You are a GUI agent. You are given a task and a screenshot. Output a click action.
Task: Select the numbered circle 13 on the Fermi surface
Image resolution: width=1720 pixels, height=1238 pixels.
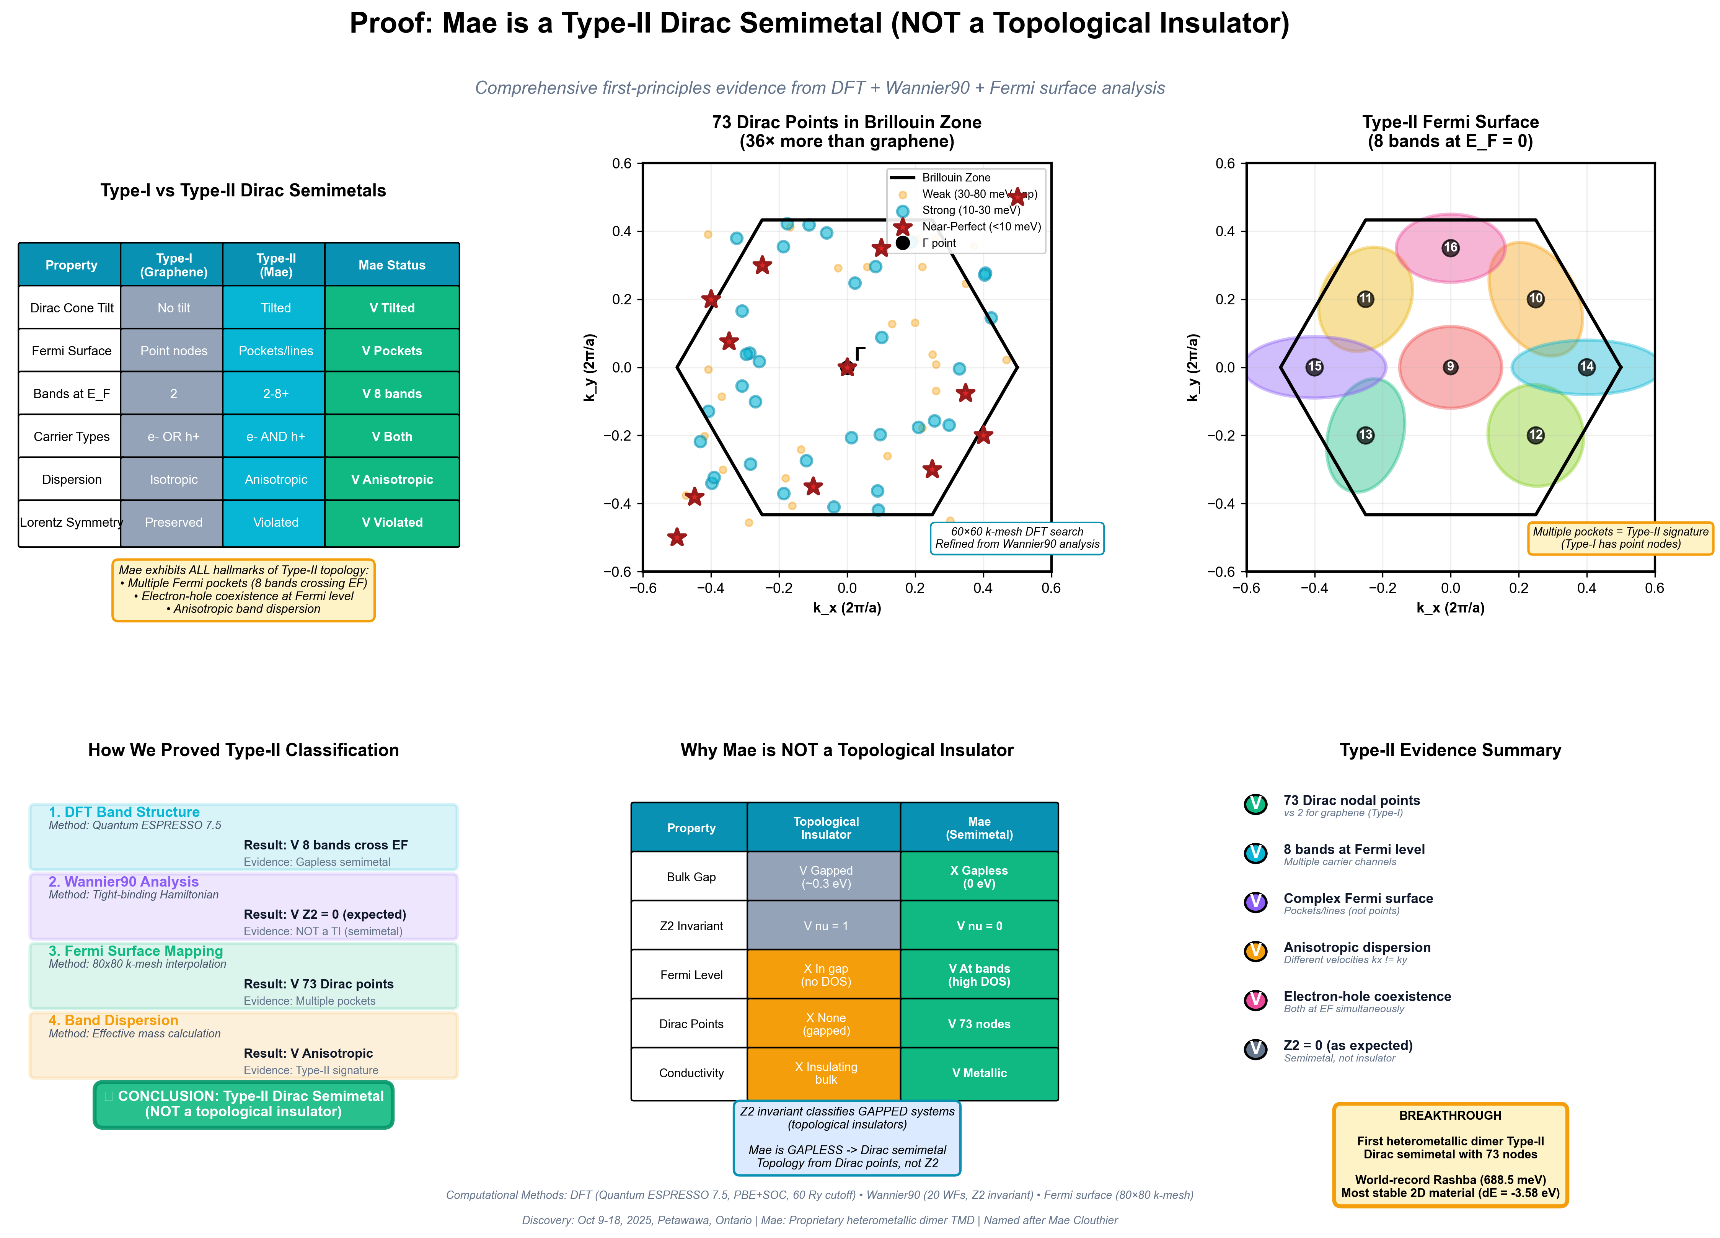[1365, 434]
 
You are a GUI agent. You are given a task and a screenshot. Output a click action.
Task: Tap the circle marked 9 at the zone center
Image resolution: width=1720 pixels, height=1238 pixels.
[1450, 367]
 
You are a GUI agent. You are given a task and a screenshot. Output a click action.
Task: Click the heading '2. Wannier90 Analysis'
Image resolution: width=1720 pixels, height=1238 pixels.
[124, 882]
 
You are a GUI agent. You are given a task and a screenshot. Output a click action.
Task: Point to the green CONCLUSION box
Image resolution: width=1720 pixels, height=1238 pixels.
[243, 1104]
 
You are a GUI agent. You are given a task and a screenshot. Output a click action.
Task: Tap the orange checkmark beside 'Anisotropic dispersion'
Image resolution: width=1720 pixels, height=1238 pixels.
[1255, 951]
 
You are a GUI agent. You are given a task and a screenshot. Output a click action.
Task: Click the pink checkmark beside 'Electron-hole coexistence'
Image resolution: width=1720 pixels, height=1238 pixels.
[1255, 1000]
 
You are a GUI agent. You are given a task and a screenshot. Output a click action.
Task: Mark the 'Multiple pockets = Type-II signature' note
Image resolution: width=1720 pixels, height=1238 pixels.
[1620, 538]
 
